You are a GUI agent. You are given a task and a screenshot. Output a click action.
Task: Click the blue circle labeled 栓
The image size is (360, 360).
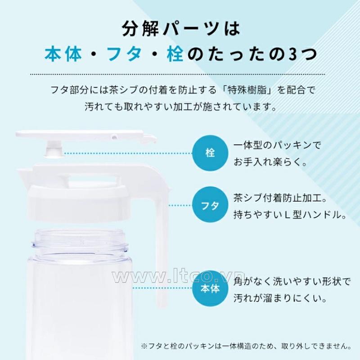click(210, 153)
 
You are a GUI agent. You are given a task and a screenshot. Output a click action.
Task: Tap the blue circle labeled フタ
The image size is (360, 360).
click(210, 205)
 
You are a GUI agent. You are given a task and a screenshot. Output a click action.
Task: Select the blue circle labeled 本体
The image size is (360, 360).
click(210, 288)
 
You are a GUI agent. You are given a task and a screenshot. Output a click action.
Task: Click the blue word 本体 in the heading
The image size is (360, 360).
click(63, 54)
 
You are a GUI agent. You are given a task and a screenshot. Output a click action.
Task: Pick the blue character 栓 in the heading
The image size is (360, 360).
click(175, 54)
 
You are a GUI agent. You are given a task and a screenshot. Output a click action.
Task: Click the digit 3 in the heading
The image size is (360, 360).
click(292, 55)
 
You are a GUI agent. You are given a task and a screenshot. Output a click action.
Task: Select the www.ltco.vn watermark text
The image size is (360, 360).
click(179, 277)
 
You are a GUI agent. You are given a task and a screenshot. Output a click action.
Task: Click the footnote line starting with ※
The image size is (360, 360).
click(246, 346)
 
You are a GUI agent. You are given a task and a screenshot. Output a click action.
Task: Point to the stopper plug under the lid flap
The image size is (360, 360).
click(54, 150)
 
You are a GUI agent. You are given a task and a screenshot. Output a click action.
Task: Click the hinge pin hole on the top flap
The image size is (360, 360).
click(114, 138)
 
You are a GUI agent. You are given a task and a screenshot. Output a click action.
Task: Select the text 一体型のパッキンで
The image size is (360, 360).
click(277, 145)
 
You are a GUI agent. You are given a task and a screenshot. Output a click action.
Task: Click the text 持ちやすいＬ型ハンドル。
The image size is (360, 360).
click(290, 215)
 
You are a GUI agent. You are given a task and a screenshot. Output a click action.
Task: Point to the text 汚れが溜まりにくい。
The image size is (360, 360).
click(280, 298)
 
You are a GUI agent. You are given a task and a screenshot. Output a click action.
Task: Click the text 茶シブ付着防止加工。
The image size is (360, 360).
click(280, 198)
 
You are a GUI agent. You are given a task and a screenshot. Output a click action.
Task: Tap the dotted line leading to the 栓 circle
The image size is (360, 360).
click(128, 153)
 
